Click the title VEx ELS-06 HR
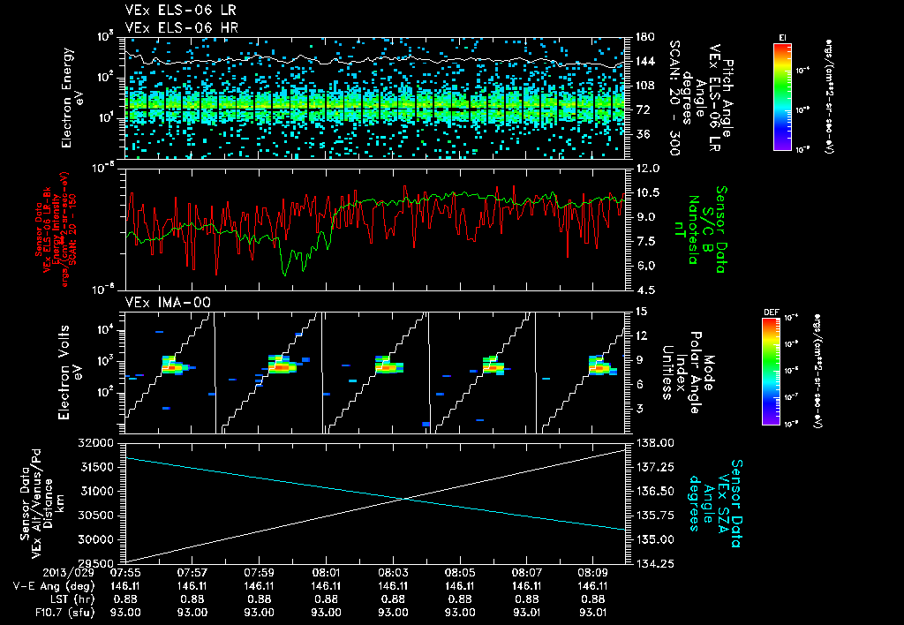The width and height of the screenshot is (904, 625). tap(170, 26)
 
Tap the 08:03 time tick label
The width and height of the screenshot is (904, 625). tap(393, 572)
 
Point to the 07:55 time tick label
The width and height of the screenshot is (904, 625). tap(126, 572)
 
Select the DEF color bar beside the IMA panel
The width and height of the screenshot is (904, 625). tap(767, 372)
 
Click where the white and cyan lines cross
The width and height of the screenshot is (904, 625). tap(406, 500)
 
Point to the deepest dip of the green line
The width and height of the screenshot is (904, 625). tap(284, 275)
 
